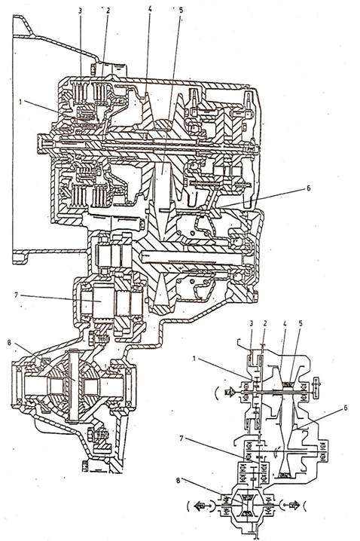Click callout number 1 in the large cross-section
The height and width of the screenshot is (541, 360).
coord(21,102)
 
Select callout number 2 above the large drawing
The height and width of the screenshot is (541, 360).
coord(108,11)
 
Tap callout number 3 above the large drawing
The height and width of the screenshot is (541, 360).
coord(81,11)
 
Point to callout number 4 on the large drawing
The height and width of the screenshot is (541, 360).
coord(150,9)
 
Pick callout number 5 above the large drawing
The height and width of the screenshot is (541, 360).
coord(182,9)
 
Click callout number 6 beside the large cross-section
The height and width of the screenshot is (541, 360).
coord(308,188)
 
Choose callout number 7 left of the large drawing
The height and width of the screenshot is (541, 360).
coord(16,295)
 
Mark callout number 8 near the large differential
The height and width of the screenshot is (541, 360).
coord(9,343)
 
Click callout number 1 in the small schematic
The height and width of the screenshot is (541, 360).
coord(194,359)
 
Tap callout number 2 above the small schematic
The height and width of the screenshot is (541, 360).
coord(265,323)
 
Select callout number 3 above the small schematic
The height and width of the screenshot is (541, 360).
coord(252,323)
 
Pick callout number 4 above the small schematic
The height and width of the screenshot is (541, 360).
coord(285,323)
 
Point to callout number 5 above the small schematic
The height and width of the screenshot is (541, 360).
coord(301,323)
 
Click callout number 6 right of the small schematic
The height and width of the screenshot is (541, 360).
coord(345,408)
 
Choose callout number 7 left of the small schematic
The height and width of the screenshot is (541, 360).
coord(181,439)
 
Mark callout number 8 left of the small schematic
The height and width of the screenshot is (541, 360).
coord(178,481)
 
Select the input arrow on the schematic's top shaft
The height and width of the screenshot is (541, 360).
coord(230,393)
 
